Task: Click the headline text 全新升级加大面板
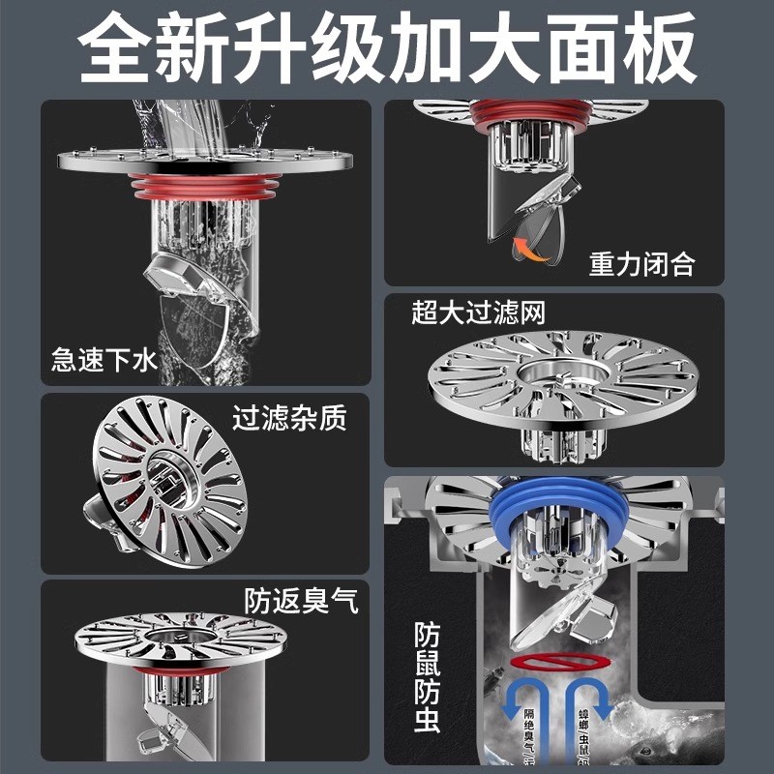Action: tap(387, 46)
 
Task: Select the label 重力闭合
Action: tap(641, 264)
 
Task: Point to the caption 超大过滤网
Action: tap(479, 313)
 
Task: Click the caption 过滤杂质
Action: tap(288, 419)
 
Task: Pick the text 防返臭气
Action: tap(301, 601)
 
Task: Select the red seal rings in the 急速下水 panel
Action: tap(203, 186)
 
